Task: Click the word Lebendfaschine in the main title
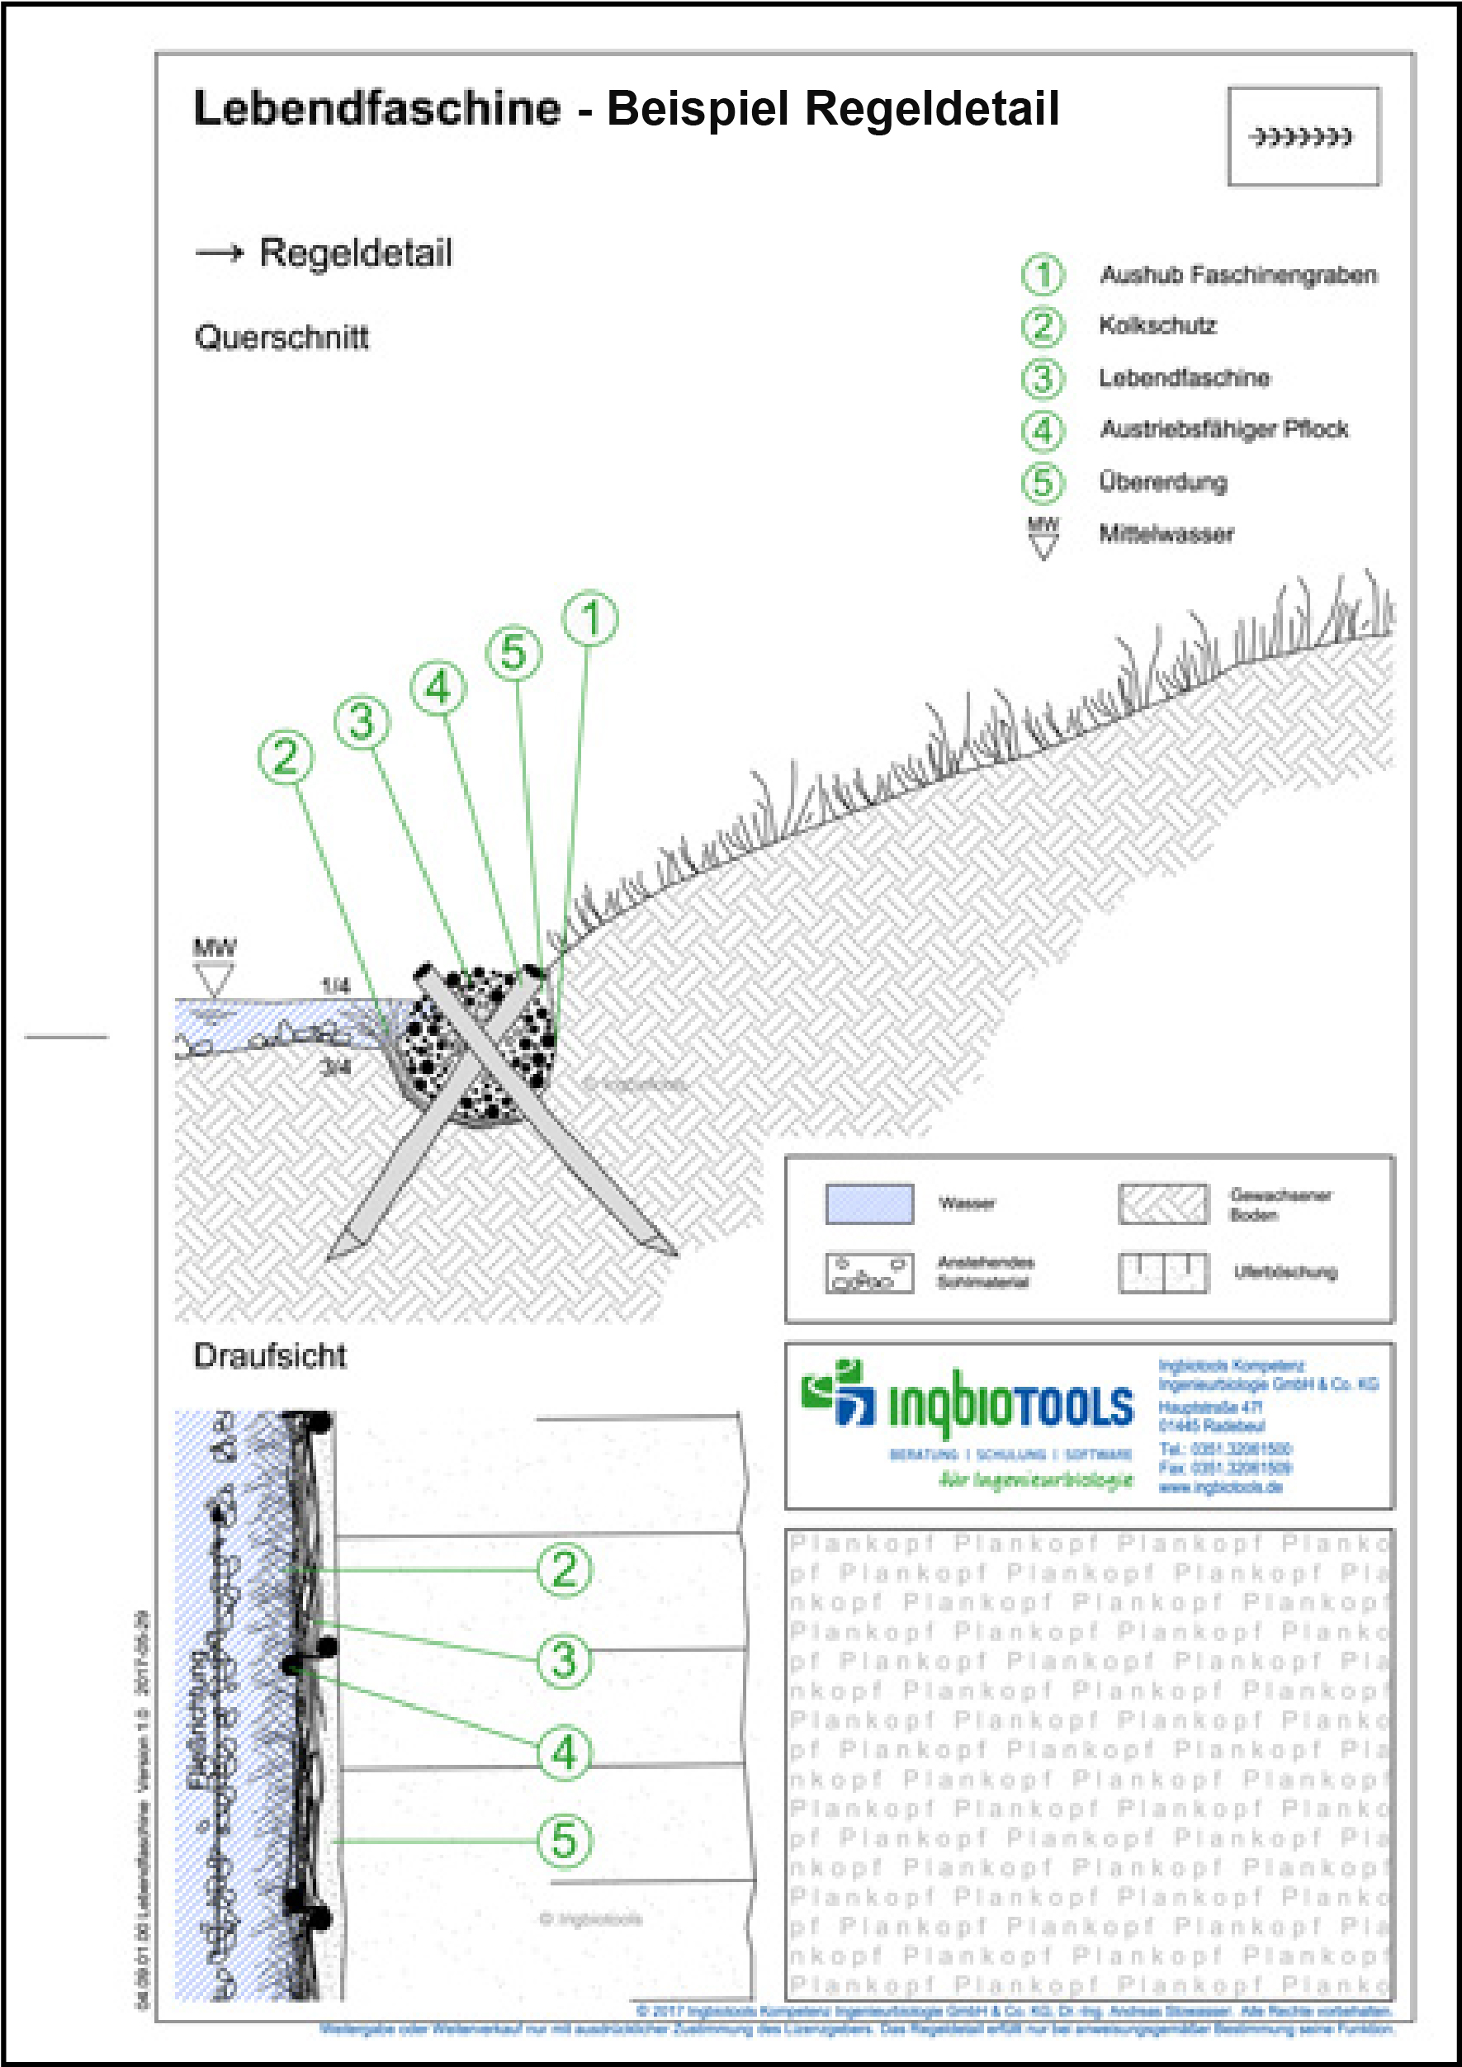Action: [x=377, y=109]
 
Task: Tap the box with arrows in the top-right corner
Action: [x=1303, y=137]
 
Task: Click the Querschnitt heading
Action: [x=282, y=338]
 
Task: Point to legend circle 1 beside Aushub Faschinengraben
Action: [x=1043, y=275]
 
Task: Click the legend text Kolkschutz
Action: [x=1157, y=325]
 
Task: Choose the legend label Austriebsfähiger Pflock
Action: [x=1223, y=429]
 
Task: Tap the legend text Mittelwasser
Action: [x=1166, y=534]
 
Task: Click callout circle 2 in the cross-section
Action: [x=286, y=755]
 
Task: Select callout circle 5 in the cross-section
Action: [x=514, y=653]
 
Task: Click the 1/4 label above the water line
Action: [x=335, y=986]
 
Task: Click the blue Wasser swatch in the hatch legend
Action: [x=868, y=1204]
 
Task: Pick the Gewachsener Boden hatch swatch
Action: [x=1162, y=1204]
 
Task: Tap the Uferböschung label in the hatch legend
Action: [x=1285, y=1272]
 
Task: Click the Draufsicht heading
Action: [x=270, y=1355]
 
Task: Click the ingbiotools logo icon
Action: [x=837, y=1394]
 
